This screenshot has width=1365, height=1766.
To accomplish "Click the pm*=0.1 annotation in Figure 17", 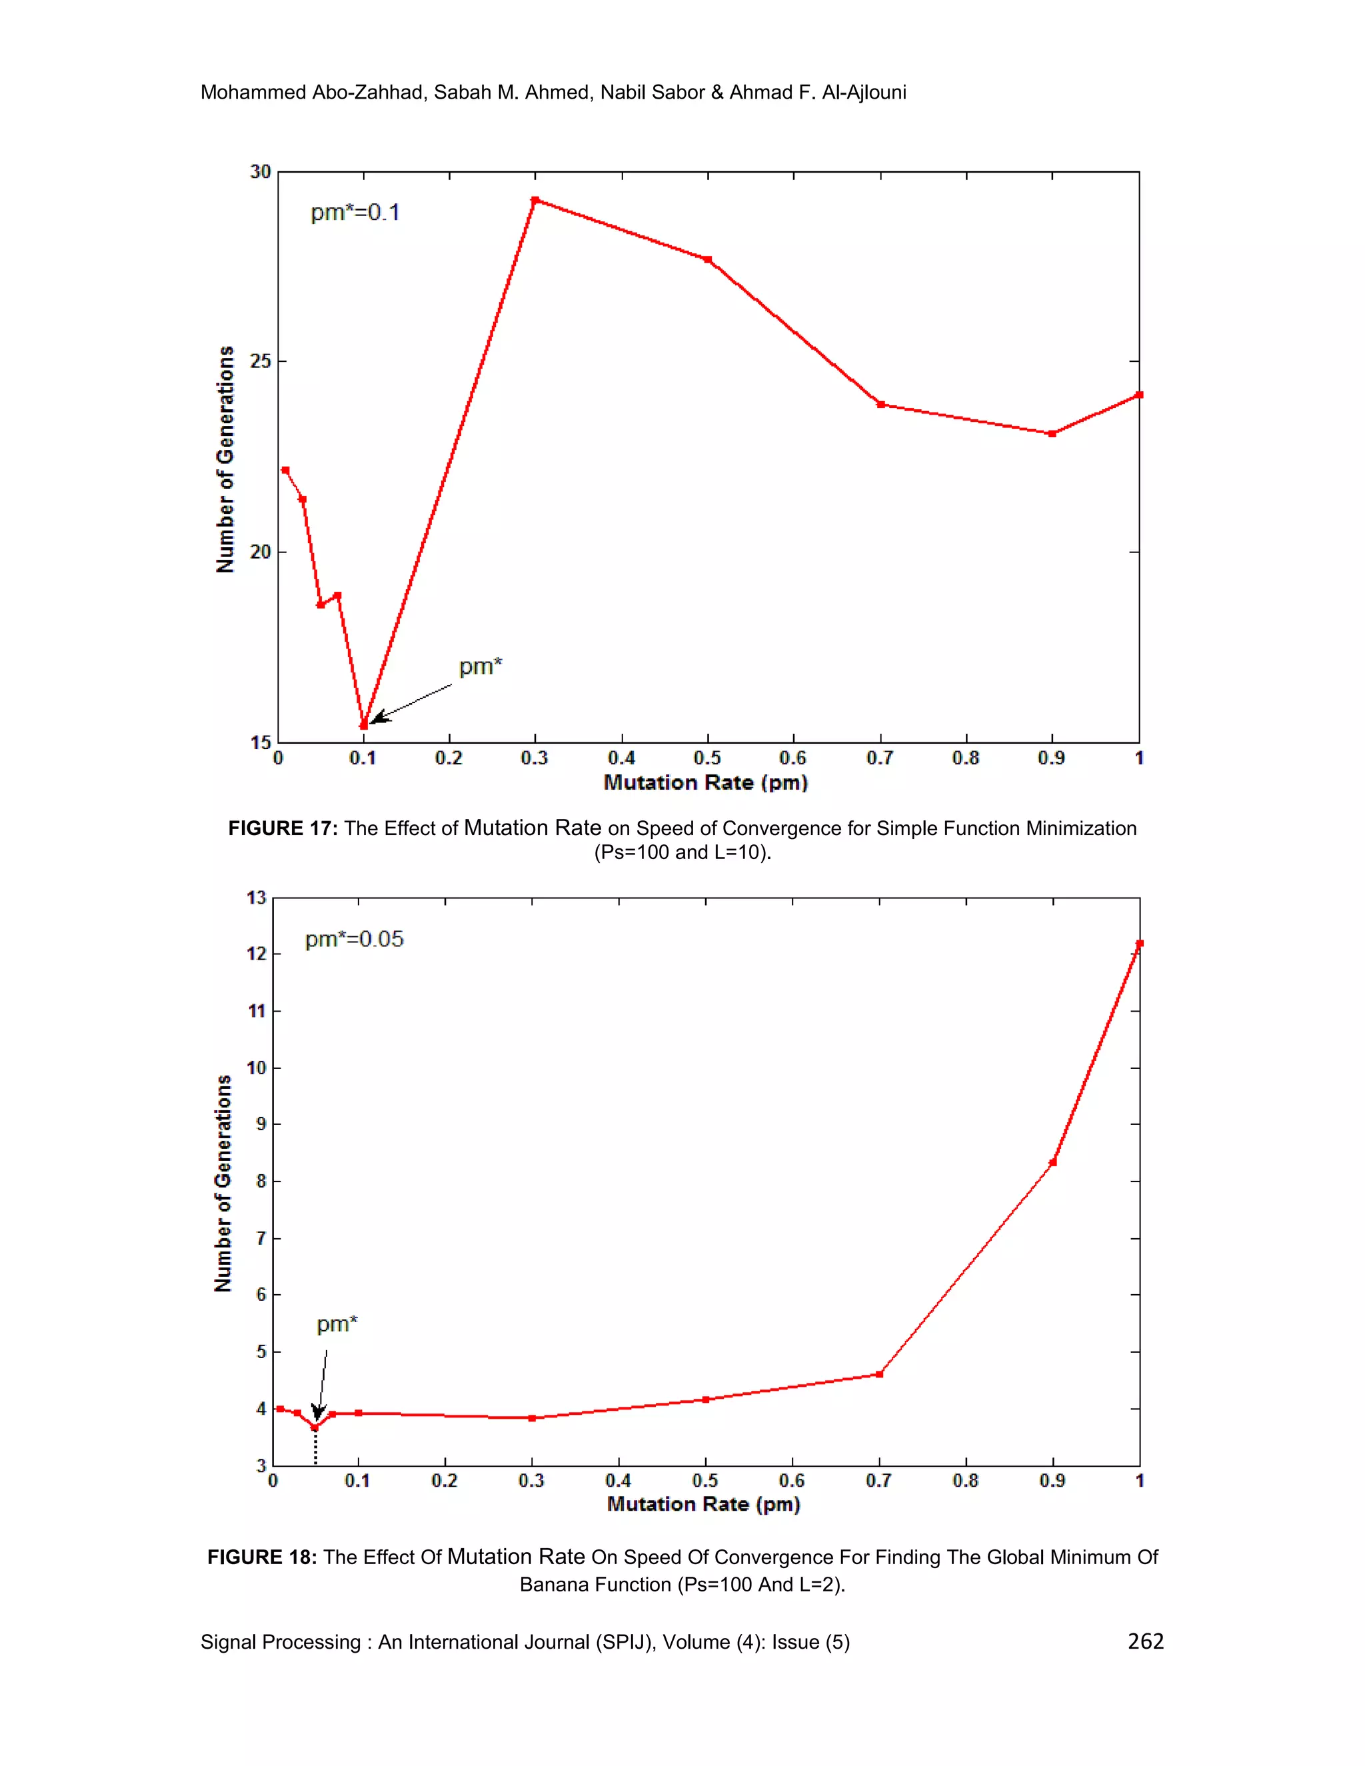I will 355,213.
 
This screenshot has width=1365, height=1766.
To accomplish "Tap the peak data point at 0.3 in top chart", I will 535,200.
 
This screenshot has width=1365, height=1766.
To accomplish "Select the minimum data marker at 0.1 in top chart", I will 364,725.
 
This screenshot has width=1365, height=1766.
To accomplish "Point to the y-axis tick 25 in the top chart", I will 261,361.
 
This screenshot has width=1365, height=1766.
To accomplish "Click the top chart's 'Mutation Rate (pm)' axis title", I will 705,783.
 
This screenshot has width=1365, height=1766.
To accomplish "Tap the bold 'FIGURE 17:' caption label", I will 282,829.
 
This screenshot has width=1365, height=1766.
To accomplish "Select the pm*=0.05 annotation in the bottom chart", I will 354,940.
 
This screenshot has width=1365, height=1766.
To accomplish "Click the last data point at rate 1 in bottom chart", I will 1139,944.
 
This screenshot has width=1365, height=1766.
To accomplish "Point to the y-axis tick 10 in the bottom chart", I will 257,1068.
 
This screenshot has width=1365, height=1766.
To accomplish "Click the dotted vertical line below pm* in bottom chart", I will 315,1449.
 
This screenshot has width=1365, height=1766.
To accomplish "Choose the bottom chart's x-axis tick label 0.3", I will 531,1481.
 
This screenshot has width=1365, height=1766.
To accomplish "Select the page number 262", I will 1145,1641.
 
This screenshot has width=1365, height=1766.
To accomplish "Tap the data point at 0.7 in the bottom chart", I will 879,1375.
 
